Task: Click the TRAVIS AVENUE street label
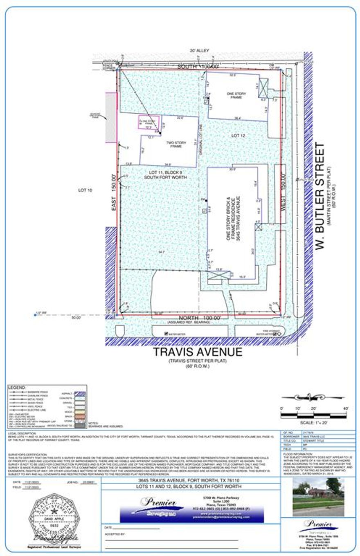tap(198, 352)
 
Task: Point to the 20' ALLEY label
tap(199, 51)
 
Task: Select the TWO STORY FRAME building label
tap(176, 144)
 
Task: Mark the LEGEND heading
tap(17, 387)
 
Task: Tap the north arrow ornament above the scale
tap(313, 397)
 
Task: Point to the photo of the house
tap(318, 497)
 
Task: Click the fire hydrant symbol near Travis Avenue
tap(279, 334)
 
